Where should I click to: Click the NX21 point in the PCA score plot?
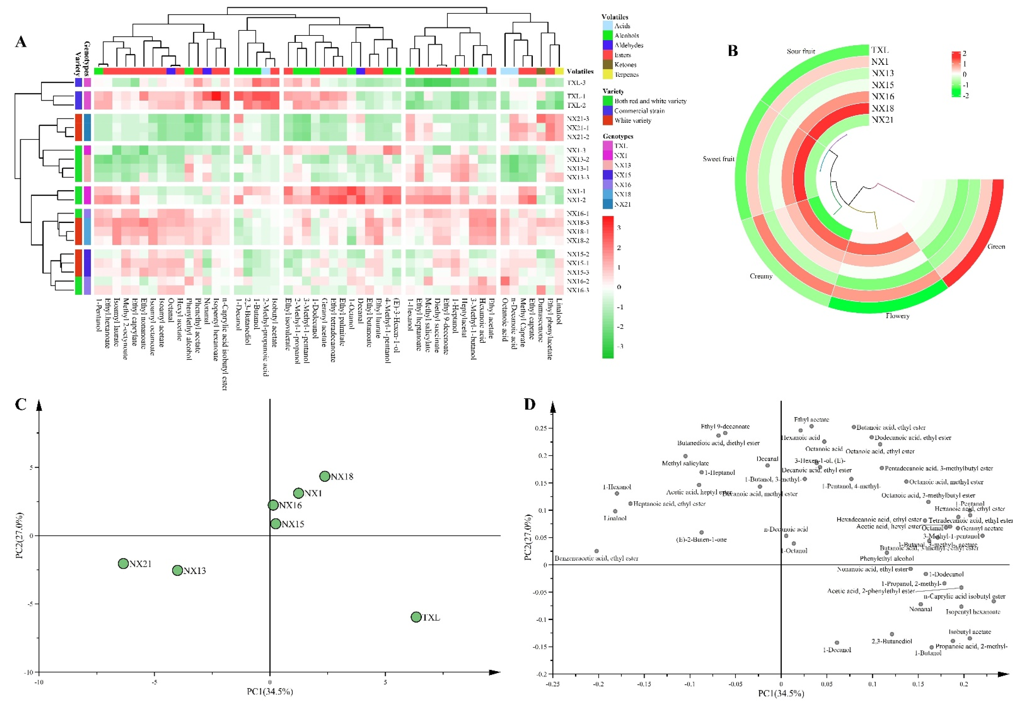(123, 563)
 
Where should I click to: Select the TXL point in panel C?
(416, 617)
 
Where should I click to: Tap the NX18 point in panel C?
(325, 476)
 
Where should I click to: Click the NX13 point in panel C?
(177, 570)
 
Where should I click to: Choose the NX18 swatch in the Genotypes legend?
(608, 194)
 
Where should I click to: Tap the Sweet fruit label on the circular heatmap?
(718, 159)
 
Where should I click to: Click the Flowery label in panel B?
(897, 316)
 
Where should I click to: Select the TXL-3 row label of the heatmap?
(576, 83)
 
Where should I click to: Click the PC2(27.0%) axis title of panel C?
(19, 535)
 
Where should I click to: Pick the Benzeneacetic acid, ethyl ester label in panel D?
(596, 558)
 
